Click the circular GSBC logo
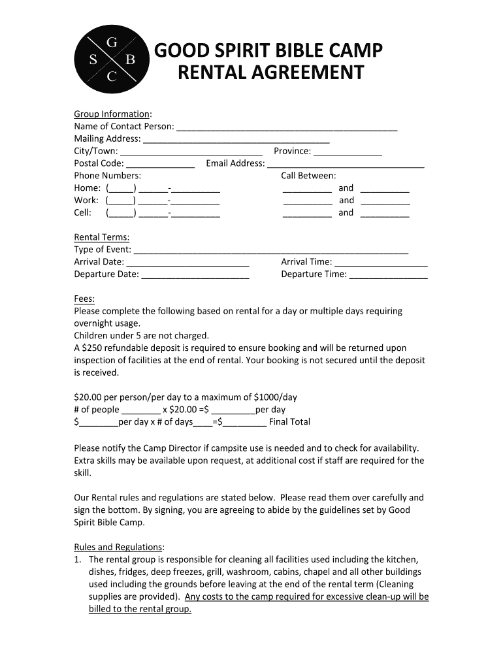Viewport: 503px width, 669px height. coord(112,60)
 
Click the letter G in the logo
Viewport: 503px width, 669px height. coord(112,43)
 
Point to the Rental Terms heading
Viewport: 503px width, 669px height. coord(101,237)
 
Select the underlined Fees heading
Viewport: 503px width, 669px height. coord(84,299)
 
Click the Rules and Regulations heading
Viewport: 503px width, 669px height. coord(118,547)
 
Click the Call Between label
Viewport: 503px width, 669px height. coord(308,176)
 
